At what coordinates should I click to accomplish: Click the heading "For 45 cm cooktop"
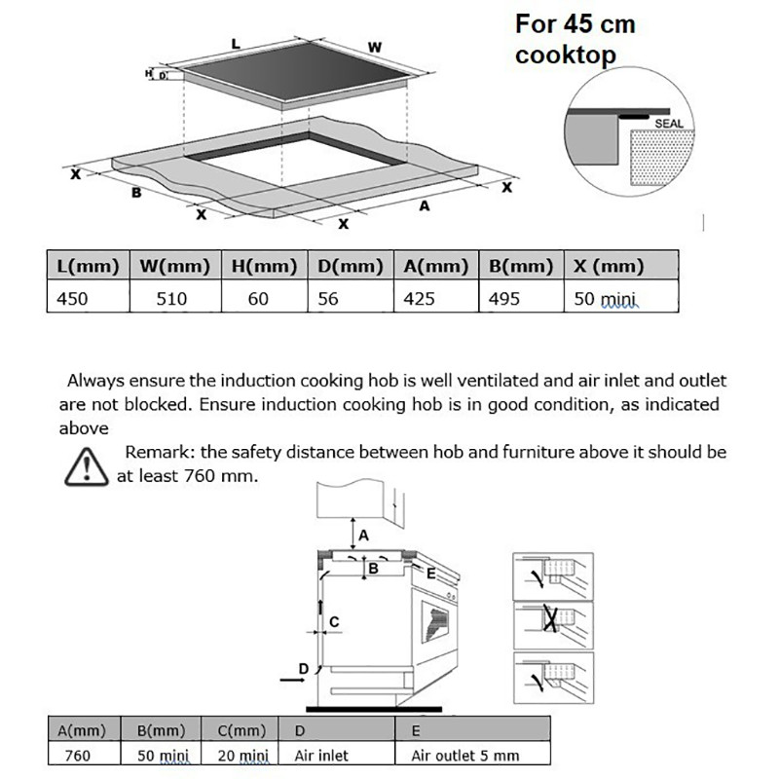click(575, 40)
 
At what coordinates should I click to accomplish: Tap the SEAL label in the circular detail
click(669, 124)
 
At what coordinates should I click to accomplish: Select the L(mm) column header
click(88, 266)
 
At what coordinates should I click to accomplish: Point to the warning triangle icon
click(86, 467)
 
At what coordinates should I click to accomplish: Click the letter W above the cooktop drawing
click(375, 47)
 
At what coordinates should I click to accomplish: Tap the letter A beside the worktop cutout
click(424, 205)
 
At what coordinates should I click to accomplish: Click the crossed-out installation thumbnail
click(553, 625)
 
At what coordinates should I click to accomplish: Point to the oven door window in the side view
click(435, 621)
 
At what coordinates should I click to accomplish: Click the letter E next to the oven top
click(430, 574)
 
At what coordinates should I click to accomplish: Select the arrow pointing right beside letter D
click(292, 679)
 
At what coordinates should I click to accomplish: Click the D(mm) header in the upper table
click(351, 266)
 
